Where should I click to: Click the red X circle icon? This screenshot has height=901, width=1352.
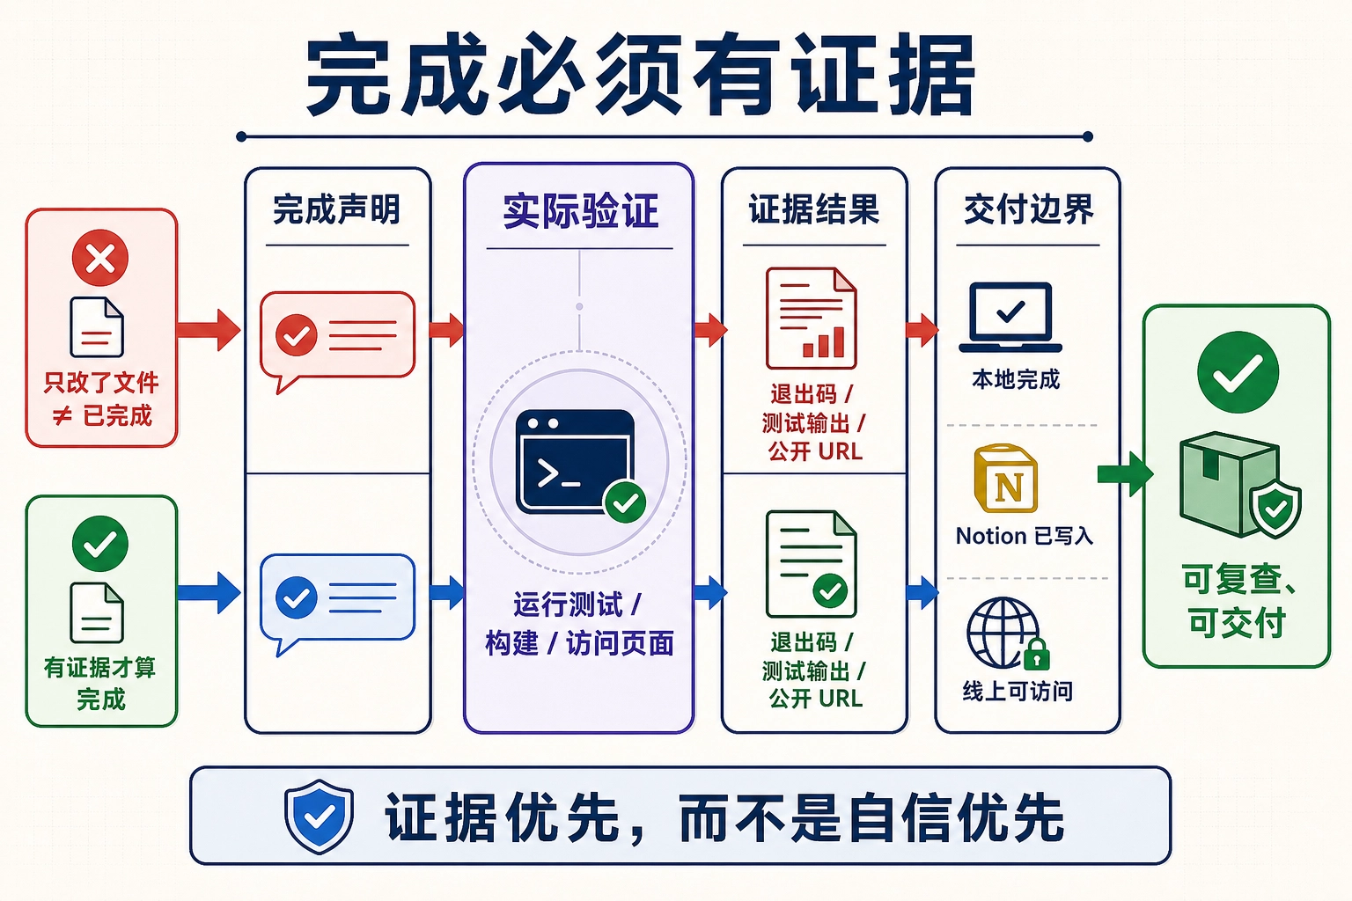pyautogui.click(x=100, y=258)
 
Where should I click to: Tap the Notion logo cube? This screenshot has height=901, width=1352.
pyautogui.click(x=1006, y=479)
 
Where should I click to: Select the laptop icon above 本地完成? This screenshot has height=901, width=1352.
pyautogui.click(x=1010, y=318)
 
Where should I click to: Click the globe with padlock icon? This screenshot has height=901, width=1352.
pyautogui.click(x=1008, y=634)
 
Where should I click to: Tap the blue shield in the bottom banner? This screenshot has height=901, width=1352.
pyautogui.click(x=320, y=817)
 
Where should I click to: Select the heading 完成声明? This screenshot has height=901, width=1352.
pyautogui.click(x=337, y=209)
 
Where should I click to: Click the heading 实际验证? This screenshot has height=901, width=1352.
pyautogui.click(x=580, y=211)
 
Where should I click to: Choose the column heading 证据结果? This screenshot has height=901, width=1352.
pyautogui.click(x=814, y=209)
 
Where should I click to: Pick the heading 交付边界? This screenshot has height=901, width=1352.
pyautogui.click(x=1028, y=209)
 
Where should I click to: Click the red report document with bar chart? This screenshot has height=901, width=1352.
pyautogui.click(x=812, y=318)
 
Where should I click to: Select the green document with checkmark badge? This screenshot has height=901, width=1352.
pyautogui.click(x=812, y=564)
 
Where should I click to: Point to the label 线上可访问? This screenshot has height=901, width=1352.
pyautogui.click(x=1018, y=692)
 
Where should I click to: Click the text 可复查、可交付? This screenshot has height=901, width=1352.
pyautogui.click(x=1238, y=600)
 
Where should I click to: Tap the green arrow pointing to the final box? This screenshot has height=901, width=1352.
pyautogui.click(x=1125, y=474)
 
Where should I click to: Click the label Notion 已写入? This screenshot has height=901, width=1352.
pyautogui.click(x=1025, y=536)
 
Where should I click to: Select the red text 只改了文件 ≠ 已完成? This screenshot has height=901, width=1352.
pyautogui.click(x=101, y=399)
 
